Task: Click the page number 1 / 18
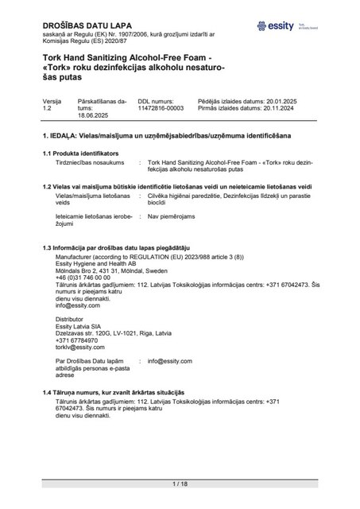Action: (x=180, y=484)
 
